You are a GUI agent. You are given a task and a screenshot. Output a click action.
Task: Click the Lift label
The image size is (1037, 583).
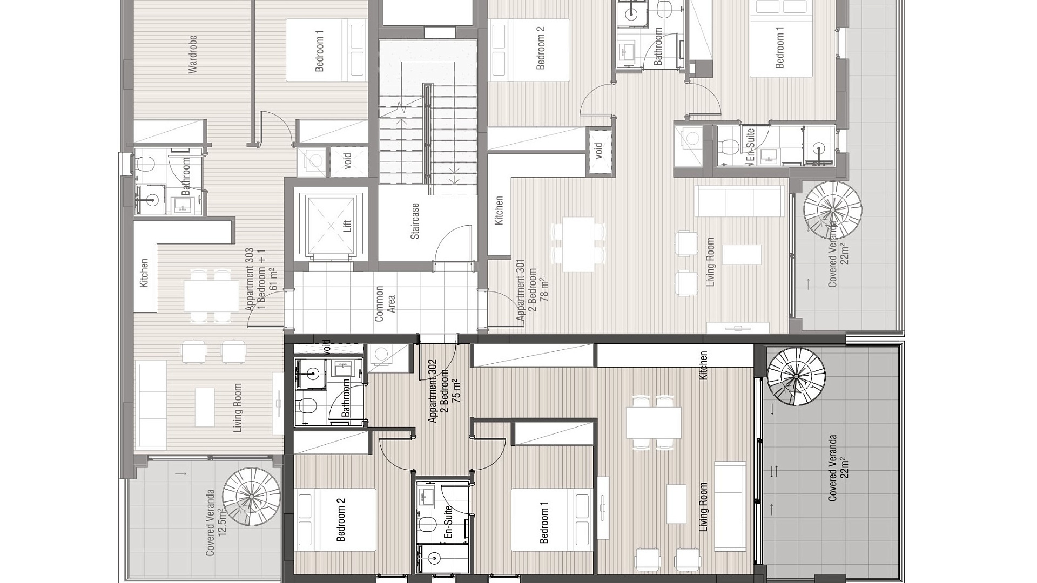click(x=347, y=225)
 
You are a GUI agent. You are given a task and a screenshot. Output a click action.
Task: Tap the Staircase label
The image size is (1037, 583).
click(x=415, y=221)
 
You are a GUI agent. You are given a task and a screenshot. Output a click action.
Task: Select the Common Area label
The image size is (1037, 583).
click(x=385, y=303)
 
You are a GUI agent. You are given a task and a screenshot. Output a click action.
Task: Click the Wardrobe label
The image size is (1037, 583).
click(x=193, y=54)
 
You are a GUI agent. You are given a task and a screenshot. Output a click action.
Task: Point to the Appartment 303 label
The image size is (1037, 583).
click(x=250, y=279)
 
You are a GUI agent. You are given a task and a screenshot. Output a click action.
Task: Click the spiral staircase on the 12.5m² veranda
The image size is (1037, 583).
click(x=252, y=496)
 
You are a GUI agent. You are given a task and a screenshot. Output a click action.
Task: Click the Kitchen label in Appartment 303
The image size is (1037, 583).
click(x=144, y=273)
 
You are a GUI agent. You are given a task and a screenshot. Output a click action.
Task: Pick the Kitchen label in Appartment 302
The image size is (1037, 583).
click(x=703, y=365)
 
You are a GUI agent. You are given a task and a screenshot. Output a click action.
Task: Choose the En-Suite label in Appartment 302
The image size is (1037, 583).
click(x=448, y=523)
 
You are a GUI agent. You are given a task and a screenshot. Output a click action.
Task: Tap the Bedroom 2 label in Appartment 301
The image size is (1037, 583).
click(x=541, y=48)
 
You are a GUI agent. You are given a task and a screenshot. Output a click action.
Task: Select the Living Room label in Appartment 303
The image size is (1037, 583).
click(x=237, y=408)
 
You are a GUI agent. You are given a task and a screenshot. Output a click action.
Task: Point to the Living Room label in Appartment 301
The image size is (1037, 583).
click(x=710, y=262)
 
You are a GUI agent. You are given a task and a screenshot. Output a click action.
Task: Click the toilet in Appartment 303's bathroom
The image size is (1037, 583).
click(x=145, y=162)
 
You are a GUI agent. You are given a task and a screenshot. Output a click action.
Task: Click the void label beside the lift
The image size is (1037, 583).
click(x=348, y=161)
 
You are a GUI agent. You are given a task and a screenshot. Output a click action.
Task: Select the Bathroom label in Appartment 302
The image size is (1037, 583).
click(x=346, y=398)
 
